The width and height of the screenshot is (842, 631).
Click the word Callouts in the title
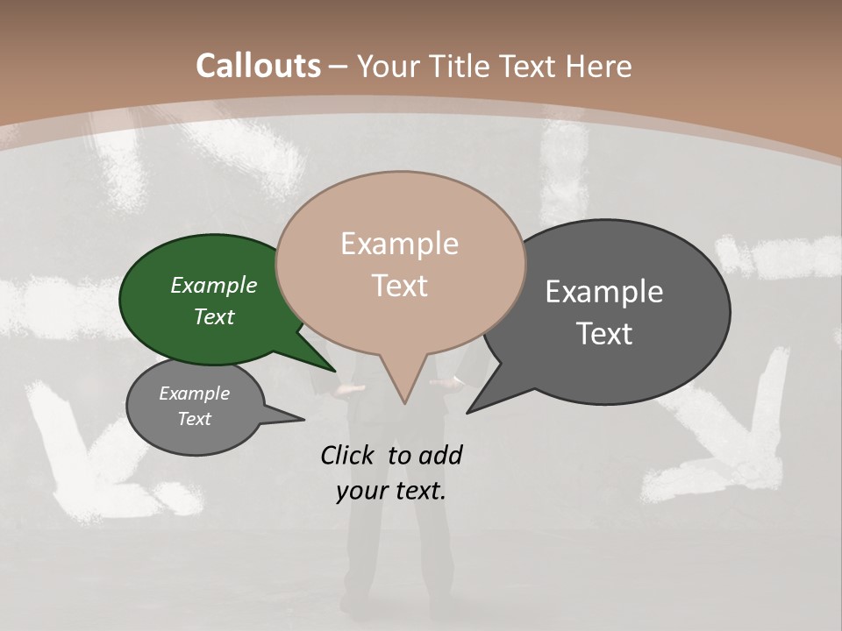(x=258, y=67)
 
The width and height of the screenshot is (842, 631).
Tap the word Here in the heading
(x=599, y=67)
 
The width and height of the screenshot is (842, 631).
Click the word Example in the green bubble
(x=213, y=285)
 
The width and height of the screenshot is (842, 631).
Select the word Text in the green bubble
(x=213, y=316)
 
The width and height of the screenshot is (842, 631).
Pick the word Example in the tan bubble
(x=399, y=244)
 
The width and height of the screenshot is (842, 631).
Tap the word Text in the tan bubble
(x=399, y=286)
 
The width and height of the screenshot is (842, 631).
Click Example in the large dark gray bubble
(x=604, y=292)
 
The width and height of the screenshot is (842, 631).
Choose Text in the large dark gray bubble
(x=604, y=334)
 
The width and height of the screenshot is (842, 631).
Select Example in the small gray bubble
(x=194, y=393)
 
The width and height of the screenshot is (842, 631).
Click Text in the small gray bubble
(x=194, y=419)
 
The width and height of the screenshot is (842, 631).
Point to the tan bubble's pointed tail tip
(x=404, y=402)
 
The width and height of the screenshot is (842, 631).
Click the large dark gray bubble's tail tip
(x=468, y=411)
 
